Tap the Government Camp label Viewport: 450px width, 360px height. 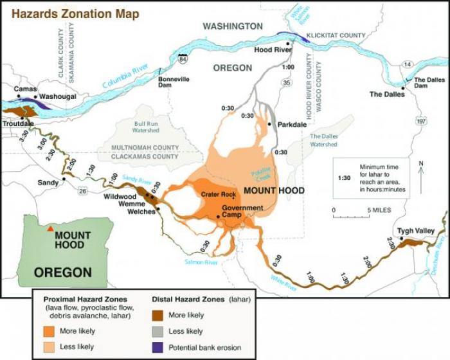242,212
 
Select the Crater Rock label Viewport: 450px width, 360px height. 219,194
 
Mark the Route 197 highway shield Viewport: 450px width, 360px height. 420,120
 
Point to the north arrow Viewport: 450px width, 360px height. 420,177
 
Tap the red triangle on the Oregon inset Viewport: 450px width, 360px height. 50,227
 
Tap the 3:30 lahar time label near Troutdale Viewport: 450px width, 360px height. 24,136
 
